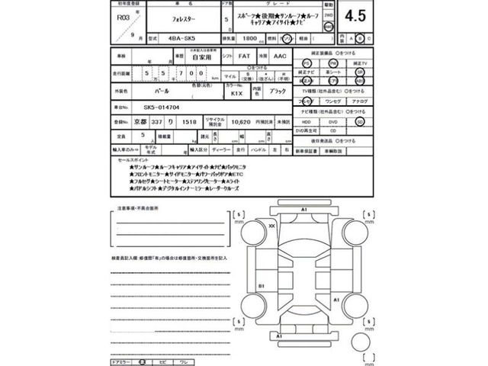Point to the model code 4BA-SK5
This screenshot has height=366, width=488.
(181, 37)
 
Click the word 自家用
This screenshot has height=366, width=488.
(201, 56)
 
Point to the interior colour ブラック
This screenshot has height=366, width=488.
(278, 90)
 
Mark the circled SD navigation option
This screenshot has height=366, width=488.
(360, 121)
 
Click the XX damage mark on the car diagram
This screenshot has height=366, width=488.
(271, 226)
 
